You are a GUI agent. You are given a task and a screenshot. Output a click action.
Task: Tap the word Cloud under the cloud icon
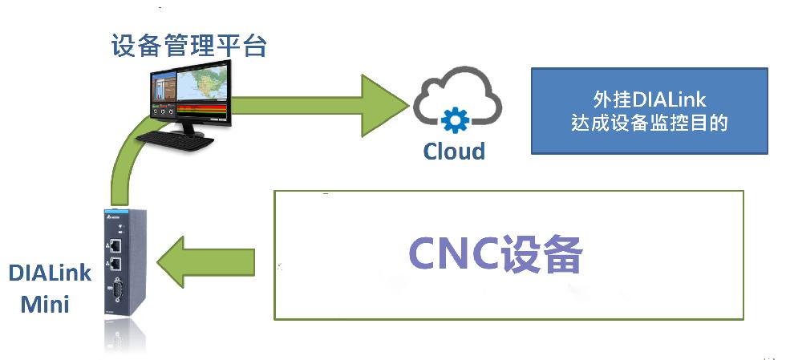point(454,151)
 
